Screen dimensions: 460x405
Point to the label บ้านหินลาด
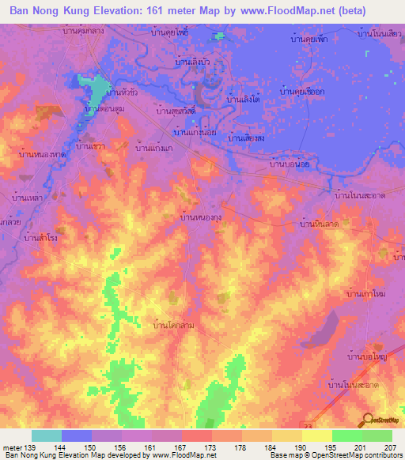click(x=320, y=225)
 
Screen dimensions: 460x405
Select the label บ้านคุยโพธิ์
click(x=172, y=35)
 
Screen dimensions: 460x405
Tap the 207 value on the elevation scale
click(x=391, y=447)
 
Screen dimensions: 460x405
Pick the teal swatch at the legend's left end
click(x=47, y=435)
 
